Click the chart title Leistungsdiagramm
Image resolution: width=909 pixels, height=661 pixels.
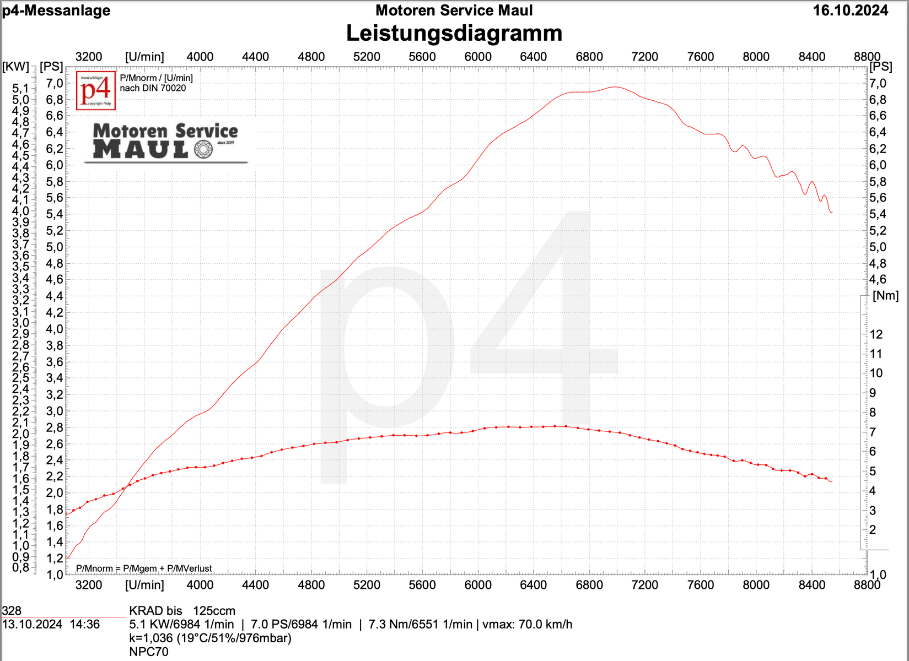tap(454, 34)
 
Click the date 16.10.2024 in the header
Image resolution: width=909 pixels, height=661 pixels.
tap(851, 10)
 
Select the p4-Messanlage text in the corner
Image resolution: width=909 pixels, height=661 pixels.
tap(56, 10)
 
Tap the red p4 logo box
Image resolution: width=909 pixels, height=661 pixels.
tap(96, 90)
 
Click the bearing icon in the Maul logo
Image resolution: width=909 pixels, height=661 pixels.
tap(203, 149)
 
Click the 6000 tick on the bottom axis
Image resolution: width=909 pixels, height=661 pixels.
tap(478, 584)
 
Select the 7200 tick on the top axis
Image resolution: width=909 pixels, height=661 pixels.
tap(644, 57)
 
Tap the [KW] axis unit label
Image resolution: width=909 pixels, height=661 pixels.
tap(15, 67)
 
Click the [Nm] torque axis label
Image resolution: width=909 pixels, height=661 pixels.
tap(885, 295)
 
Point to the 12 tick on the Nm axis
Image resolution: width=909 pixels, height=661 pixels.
tap(876, 334)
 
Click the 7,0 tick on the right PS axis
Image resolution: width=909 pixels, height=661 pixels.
tap(878, 84)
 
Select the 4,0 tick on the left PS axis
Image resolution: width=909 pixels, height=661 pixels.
tap(54, 329)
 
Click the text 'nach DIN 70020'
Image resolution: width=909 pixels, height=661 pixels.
tap(153, 88)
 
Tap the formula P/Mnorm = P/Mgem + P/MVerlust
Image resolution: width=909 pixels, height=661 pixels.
tap(144, 568)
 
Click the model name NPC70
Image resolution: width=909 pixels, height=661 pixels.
tap(149, 652)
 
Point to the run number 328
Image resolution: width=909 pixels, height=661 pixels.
tap(12, 610)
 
